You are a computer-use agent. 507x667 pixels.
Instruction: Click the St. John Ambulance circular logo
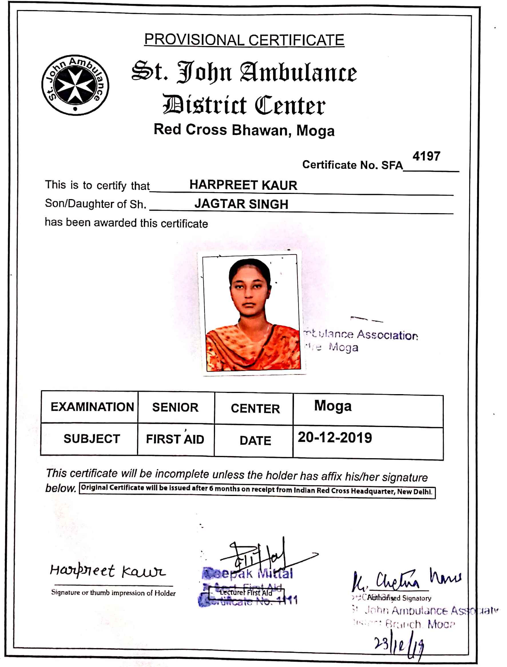(75, 85)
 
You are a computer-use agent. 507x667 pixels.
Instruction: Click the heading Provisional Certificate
(244, 40)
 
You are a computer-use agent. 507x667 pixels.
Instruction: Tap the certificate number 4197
(426, 156)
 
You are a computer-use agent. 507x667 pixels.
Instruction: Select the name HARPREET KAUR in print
(243, 185)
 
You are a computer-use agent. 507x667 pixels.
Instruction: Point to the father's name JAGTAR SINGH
(241, 204)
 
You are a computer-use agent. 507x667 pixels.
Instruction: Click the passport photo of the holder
(252, 313)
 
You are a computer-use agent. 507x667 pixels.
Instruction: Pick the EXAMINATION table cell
(92, 407)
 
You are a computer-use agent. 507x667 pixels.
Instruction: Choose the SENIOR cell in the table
(175, 408)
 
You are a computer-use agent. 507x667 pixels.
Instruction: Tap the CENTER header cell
(255, 409)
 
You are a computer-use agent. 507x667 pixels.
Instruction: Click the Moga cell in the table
(333, 406)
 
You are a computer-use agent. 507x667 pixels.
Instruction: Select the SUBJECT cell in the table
(92, 439)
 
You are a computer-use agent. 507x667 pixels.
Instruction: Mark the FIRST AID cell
(175, 439)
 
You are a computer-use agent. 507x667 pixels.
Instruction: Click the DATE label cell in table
(255, 441)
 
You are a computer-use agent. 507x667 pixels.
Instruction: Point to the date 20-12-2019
(335, 438)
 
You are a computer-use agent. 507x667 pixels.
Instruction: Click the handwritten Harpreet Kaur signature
(108, 571)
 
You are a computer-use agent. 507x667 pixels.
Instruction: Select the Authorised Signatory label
(399, 598)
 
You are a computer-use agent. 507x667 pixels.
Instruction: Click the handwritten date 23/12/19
(399, 645)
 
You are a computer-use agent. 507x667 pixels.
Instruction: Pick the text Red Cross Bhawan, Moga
(244, 130)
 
